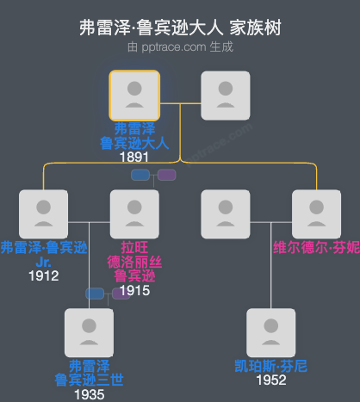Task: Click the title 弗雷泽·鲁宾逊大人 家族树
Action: [180, 28]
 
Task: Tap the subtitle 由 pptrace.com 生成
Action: [180, 46]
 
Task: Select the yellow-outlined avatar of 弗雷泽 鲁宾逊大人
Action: [133, 95]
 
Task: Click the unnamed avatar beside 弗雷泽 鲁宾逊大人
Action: [225, 95]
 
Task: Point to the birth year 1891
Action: [133, 157]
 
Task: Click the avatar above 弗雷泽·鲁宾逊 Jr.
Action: [43, 213]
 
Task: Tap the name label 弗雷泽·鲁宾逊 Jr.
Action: [43, 256]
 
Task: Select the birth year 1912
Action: [43, 275]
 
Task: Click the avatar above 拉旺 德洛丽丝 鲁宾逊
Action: [133, 213]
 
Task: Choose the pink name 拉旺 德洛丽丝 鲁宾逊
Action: [133, 262]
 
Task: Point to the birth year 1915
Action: [133, 290]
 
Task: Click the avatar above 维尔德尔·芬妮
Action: [316, 213]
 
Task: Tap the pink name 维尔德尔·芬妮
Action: [316, 248]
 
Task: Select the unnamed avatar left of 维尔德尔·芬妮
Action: [225, 213]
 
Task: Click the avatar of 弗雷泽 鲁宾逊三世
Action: [89, 332]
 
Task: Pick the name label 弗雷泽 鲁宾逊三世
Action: [89, 373]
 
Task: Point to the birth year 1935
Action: [89, 394]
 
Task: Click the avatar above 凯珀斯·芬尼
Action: [270, 332]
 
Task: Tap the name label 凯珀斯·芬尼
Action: [270, 366]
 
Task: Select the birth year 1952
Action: [270, 380]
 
